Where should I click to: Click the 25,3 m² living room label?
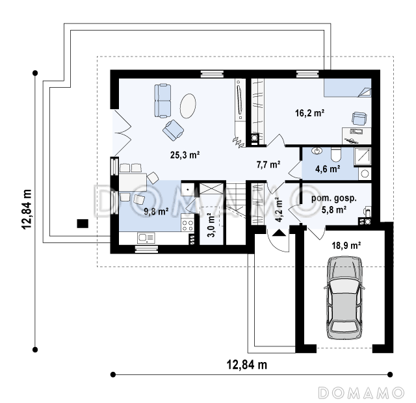pos(185,155)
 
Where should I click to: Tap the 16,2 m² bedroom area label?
pos(309,113)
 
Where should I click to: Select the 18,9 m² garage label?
pos(346,246)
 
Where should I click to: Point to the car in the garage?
pos(344,298)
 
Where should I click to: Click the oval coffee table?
pos(188,106)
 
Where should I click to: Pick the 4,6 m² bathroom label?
pos(328,169)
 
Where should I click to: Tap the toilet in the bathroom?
pos(336,155)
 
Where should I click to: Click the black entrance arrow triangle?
pos(279,233)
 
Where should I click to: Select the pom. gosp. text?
pos(333,198)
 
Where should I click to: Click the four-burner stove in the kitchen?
pos(188,226)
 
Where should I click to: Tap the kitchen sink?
pos(146,238)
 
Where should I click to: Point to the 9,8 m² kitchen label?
pos(156,211)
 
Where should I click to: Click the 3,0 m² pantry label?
pos(211,225)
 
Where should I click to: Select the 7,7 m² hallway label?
pos(268,164)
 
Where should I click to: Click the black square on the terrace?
pos(83,224)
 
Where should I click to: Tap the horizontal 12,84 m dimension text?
pos(247,365)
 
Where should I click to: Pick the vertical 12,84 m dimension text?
pos(27,209)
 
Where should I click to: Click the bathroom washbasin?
pos(317,151)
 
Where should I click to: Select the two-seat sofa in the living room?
pos(162,101)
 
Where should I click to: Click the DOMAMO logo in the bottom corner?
pos(361,393)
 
